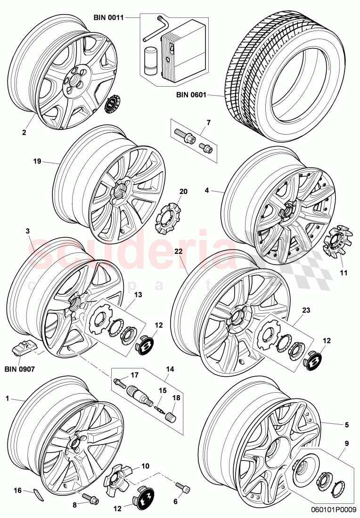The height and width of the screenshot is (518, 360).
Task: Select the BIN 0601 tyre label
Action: pos(192,95)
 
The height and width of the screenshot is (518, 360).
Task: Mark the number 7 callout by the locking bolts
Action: pos(209,123)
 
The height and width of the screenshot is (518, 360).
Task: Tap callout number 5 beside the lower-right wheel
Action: pos(347,424)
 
